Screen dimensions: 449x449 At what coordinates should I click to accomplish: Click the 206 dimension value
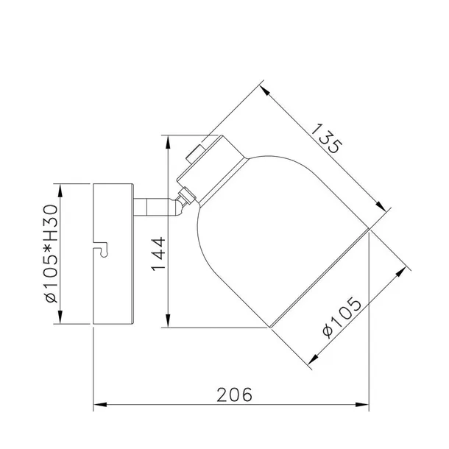[235, 395]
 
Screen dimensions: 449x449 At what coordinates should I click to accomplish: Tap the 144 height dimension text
[159, 254]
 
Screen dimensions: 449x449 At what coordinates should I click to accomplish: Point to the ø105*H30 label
[52, 253]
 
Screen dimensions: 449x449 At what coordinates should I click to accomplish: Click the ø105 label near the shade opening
[342, 318]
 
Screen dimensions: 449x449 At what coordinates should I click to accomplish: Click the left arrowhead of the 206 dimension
[100, 405]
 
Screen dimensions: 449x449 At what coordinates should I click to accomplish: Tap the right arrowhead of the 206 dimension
[362, 405]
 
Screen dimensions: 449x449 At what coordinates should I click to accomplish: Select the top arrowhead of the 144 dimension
[169, 142]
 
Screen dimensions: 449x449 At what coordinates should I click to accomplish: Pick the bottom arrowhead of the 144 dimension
[169, 320]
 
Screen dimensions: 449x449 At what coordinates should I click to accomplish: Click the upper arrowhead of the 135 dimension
[265, 90]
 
